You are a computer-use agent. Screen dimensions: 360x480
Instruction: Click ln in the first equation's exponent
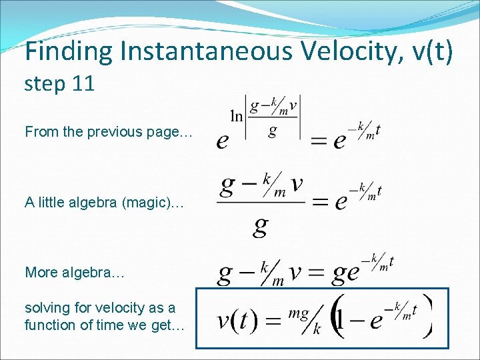point(237,116)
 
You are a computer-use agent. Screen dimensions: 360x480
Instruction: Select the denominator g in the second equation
point(260,227)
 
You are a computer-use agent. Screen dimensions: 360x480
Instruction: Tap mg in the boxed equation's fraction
point(297,314)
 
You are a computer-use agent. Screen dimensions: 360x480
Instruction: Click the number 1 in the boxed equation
point(340,322)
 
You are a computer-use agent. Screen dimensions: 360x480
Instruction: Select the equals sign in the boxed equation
point(273,322)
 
